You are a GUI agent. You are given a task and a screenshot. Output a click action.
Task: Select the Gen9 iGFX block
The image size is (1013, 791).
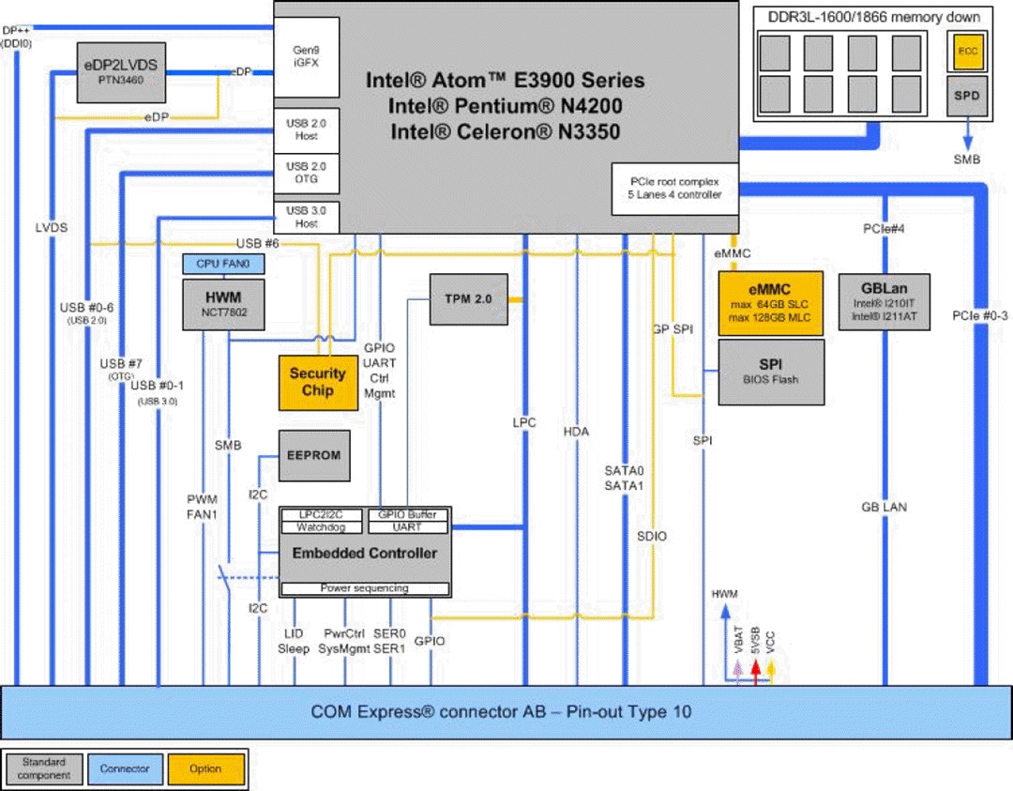coord(306,55)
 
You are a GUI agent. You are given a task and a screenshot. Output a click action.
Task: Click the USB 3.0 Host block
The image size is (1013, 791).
coord(306,217)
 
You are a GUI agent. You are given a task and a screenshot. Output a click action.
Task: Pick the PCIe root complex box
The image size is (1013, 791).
coord(673,188)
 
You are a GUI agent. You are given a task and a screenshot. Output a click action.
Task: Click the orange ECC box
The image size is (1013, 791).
coord(966,52)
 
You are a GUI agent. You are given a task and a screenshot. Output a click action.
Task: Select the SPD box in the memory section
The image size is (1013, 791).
coord(966,97)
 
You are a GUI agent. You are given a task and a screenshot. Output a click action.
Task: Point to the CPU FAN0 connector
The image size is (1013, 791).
coord(223,266)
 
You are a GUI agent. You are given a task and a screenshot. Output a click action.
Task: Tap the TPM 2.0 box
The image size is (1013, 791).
coord(468,299)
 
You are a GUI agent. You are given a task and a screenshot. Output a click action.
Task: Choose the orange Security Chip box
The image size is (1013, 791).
coord(318,382)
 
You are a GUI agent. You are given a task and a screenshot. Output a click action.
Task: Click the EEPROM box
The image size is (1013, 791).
coord(314,455)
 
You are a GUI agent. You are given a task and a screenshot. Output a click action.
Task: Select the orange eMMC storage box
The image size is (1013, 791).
coord(770,303)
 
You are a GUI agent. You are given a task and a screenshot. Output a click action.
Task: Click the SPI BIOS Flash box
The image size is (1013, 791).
coord(770,372)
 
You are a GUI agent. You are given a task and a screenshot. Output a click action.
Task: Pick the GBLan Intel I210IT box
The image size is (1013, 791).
coord(882,303)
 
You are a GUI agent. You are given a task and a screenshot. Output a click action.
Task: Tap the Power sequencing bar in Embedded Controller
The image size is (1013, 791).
coord(365,588)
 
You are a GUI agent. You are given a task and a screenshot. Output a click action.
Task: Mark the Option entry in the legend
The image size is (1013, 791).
coord(205,769)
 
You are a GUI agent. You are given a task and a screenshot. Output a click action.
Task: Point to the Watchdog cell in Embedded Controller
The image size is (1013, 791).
coord(323,527)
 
